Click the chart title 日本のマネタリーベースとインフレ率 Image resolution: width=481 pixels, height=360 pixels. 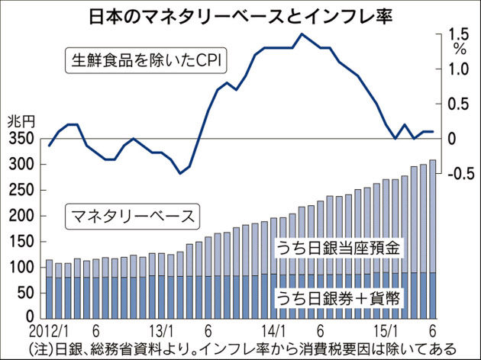tap(240, 15)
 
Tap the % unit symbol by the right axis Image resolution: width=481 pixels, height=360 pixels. tap(460, 48)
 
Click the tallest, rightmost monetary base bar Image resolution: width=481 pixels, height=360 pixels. tap(433, 236)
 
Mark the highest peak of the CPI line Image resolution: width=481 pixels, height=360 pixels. tap(302, 34)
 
